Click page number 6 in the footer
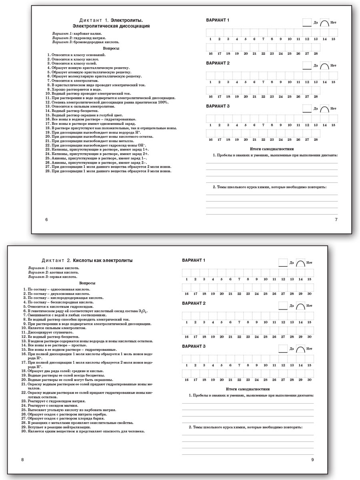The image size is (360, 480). (46, 220)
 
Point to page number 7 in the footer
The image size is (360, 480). (336, 220)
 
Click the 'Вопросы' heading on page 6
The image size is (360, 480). (111, 48)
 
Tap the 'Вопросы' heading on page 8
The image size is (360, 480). (87, 283)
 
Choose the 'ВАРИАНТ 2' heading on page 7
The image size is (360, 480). (217, 64)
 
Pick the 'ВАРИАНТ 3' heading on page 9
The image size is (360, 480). (194, 346)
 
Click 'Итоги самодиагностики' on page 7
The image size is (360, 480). (272, 149)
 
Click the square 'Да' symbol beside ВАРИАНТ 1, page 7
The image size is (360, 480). (307, 22)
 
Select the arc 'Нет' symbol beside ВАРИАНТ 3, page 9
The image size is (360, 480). (300, 349)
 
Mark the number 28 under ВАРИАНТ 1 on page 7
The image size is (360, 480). (316, 53)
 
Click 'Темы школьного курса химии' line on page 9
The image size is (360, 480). (246, 428)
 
